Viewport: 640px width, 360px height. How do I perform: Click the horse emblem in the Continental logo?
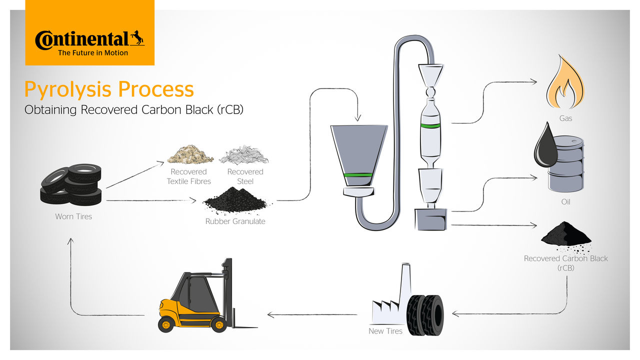[x=137, y=38]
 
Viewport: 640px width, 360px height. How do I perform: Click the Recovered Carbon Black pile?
[x=566, y=234]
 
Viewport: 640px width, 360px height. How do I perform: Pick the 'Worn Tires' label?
[x=73, y=216]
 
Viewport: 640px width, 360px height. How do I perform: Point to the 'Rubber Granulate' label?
[x=235, y=221]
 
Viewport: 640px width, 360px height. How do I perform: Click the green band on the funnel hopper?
[x=358, y=175]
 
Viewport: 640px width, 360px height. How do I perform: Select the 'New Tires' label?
[x=385, y=331]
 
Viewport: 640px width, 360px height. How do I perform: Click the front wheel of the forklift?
[x=218, y=324]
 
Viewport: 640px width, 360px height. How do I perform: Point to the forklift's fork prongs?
[x=245, y=327]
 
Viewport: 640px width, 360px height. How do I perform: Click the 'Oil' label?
[x=565, y=202]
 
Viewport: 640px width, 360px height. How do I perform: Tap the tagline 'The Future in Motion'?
[x=93, y=52]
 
